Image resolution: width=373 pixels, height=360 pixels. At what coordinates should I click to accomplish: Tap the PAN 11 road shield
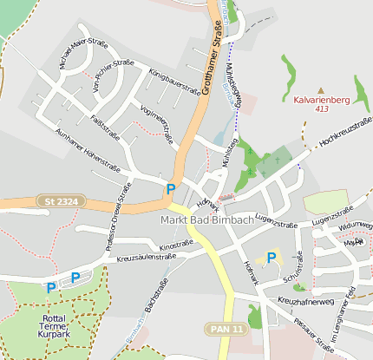[228, 328]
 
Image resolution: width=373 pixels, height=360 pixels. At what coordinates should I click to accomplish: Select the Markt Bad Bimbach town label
[206, 220]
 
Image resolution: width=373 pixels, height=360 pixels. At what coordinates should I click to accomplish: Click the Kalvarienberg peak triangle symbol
[321, 89]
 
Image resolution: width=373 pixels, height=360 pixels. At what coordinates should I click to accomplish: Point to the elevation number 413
[321, 109]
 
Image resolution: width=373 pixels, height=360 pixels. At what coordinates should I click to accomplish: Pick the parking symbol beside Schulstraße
[272, 258]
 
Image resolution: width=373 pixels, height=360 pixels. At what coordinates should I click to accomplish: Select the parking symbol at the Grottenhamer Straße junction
[171, 188]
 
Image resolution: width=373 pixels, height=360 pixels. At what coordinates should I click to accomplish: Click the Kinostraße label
[177, 245]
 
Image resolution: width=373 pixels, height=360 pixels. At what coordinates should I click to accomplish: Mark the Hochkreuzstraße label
[341, 132]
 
